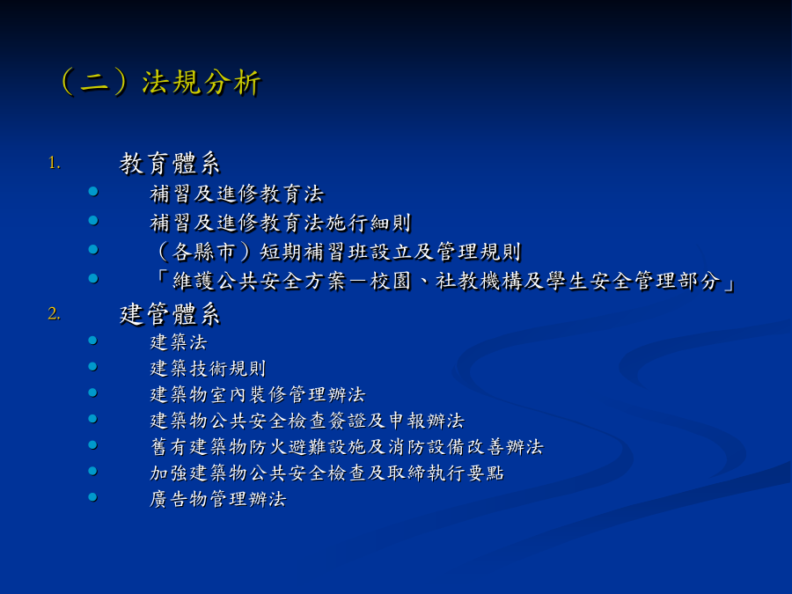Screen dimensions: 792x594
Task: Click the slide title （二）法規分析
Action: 161,82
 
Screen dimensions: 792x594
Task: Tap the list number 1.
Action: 55,163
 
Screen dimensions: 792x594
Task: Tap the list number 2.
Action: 54,313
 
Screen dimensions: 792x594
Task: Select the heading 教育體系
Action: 170,164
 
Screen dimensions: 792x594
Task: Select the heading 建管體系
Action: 170,314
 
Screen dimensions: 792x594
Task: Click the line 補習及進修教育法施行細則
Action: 281,223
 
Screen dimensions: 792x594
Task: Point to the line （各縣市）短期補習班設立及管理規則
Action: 336,252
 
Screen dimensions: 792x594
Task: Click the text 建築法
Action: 179,342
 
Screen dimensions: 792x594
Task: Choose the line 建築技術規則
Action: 208,368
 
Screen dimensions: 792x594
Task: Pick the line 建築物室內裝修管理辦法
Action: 258,394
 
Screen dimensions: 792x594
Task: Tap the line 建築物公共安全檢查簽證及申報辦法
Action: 307,421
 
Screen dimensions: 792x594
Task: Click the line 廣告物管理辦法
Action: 218,499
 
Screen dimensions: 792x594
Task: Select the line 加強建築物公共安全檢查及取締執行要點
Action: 326,473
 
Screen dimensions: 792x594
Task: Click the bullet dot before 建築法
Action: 93,341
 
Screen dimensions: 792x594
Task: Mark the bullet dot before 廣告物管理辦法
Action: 93,497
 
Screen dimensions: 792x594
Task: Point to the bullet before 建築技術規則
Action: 93,367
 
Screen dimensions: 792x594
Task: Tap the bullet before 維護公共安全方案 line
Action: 93,278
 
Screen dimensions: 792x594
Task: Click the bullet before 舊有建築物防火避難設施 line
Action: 93,445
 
